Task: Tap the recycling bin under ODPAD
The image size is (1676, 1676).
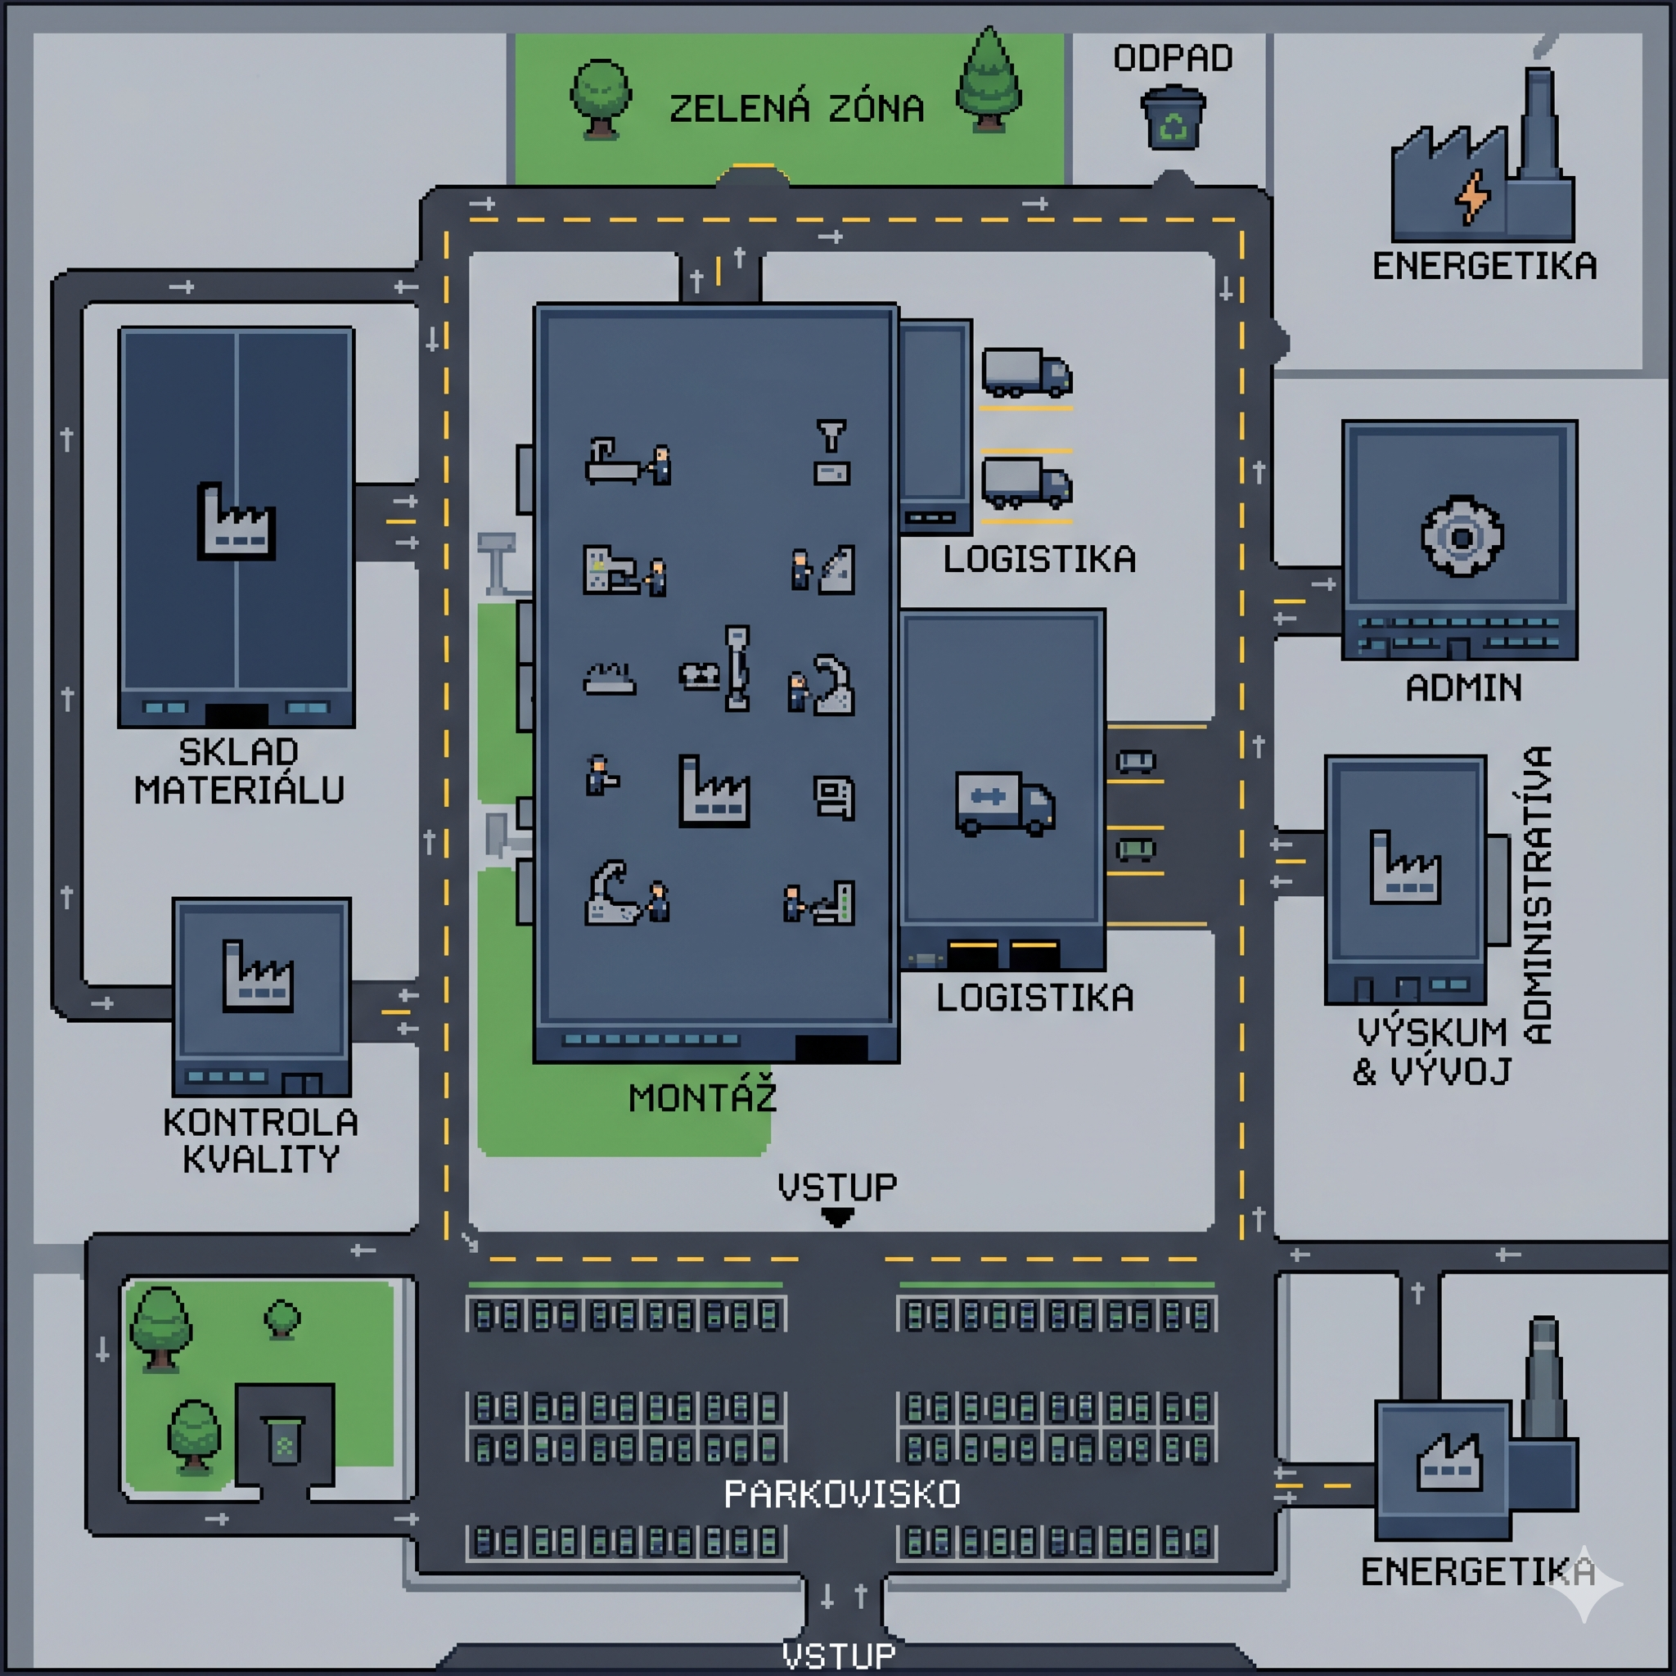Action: point(1173,117)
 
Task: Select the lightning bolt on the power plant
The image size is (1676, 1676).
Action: point(1473,197)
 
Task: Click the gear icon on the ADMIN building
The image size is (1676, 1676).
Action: point(1462,537)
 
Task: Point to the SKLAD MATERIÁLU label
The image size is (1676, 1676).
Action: point(239,770)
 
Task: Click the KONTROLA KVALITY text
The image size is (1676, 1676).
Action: point(260,1141)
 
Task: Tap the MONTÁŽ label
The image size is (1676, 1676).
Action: point(702,1097)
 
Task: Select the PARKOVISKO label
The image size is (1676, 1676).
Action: point(842,1494)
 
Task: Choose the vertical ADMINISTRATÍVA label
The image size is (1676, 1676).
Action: point(1537,894)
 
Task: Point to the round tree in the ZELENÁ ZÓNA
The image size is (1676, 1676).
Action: point(601,98)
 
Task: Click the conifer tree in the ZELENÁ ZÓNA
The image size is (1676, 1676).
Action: point(988,80)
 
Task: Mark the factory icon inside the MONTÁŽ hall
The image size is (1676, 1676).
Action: point(714,791)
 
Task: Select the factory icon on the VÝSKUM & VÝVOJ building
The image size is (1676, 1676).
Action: point(1405,867)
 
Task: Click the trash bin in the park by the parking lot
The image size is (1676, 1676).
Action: point(284,1441)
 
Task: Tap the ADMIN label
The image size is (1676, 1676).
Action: point(1463,688)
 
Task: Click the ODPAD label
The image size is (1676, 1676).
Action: point(1173,58)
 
